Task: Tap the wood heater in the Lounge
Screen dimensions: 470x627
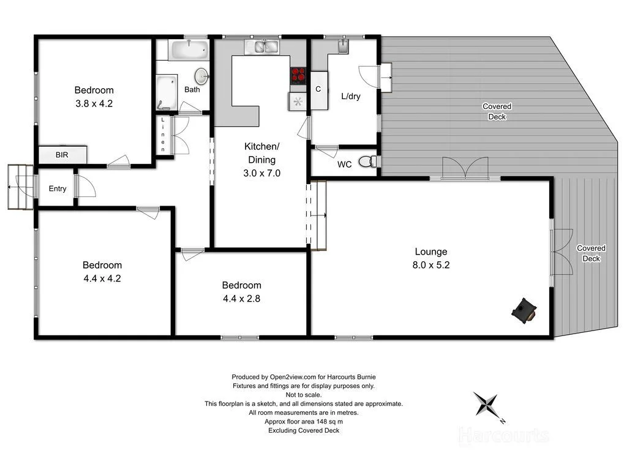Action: click(524, 310)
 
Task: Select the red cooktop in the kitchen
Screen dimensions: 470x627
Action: click(298, 75)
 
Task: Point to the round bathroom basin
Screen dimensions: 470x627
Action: click(202, 76)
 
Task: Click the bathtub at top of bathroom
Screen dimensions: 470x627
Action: click(188, 50)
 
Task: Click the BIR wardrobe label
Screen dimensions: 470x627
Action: click(62, 155)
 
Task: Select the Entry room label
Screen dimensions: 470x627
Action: click(58, 188)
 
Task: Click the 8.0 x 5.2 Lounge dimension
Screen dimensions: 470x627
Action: click(431, 265)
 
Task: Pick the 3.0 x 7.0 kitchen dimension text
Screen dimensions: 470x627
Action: click(261, 173)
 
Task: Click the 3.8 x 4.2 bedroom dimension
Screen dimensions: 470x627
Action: click(94, 103)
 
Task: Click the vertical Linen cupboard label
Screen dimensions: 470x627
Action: click(163, 135)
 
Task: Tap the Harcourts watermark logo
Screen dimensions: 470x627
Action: click(503, 435)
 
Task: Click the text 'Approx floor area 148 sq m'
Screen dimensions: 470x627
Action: click(304, 422)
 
